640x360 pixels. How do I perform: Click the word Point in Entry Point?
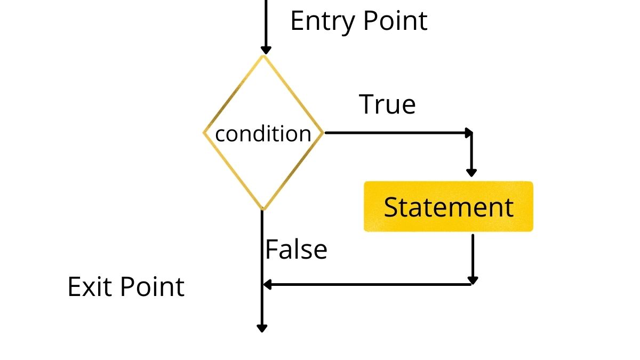click(395, 21)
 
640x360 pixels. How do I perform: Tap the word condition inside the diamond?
click(263, 134)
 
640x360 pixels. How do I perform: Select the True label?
click(387, 105)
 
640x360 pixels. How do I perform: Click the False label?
click(297, 250)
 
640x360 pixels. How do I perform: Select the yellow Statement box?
click(448, 207)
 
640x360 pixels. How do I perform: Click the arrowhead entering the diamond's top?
click(263, 50)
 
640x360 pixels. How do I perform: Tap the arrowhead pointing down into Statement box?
click(471, 172)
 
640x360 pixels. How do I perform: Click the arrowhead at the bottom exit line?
click(262, 328)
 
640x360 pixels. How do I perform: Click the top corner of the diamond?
click(263, 56)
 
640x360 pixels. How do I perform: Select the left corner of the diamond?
click(204, 133)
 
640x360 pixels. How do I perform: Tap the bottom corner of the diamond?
click(262, 209)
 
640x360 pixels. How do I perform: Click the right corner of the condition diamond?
click(323, 133)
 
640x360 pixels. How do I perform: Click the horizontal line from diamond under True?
click(395, 133)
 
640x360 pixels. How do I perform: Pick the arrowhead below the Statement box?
click(472, 280)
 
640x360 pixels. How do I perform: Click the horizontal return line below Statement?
click(368, 285)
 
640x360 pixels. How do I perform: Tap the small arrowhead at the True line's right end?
click(469, 132)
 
